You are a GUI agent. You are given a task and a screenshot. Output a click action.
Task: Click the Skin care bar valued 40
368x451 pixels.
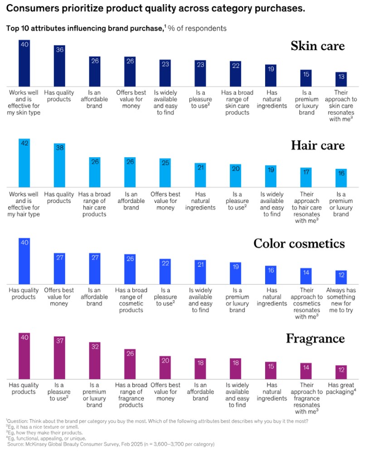[24, 63]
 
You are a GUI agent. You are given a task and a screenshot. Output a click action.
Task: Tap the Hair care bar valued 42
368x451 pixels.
[24, 163]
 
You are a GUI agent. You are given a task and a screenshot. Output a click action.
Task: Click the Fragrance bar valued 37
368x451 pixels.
[59, 358]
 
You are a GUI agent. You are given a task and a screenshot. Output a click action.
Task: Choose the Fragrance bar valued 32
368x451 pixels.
[95, 361]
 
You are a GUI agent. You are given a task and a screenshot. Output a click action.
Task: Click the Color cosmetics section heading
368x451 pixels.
[299, 243]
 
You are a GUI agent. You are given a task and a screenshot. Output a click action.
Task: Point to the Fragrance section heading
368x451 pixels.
[315, 338]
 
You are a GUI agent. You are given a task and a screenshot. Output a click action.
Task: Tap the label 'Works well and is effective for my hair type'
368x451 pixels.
[24, 204]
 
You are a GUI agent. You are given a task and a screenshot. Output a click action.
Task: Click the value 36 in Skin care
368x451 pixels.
[59, 50]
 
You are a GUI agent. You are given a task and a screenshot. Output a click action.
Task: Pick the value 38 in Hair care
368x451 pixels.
[59, 148]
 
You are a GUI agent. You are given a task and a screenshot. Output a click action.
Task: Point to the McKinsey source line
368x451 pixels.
[111, 444]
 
